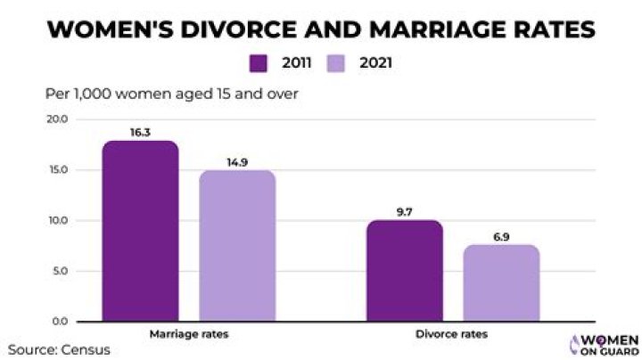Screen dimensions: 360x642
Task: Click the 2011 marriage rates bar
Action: [140, 231]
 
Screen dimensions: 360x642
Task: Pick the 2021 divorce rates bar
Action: [501, 282]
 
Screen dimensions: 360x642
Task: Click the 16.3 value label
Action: [140, 130]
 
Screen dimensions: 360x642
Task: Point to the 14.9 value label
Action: [236, 160]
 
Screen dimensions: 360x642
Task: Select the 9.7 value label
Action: [405, 210]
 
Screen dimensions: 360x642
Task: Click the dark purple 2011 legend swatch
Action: [259, 63]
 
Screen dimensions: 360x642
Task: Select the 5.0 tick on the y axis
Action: [59, 271]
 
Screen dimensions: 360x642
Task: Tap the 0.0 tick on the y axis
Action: [59, 321]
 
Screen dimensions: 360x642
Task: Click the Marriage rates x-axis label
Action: [188, 334]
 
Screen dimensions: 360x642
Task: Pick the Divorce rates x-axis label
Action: [453, 334]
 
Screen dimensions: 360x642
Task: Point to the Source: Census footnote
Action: [60, 349]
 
